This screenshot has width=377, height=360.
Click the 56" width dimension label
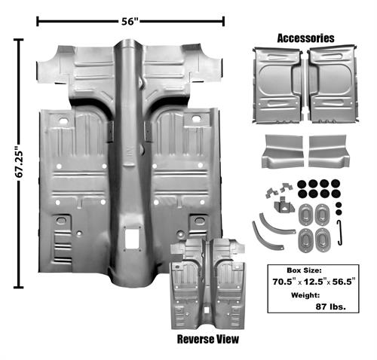pos(130,22)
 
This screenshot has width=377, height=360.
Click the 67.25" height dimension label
pos(19,164)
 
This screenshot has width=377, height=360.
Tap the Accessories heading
pos(305,38)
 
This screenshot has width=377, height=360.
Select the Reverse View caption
pos(208,339)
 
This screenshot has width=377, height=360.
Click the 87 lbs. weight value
pos(330,307)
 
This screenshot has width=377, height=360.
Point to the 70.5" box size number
pos(283,282)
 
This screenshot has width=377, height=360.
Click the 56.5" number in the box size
pos(344,282)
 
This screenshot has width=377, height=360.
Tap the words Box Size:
pos(304,270)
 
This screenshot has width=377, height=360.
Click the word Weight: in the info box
pos(305,295)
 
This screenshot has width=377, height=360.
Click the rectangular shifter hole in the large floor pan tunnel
pos(132,239)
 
